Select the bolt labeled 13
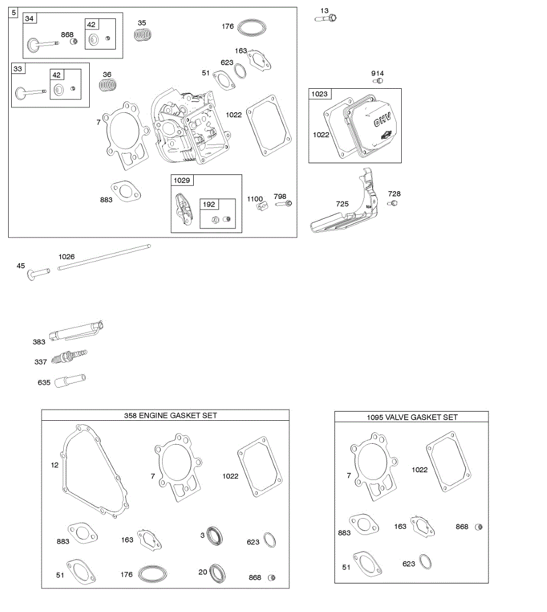(x=326, y=19)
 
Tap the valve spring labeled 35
(x=144, y=35)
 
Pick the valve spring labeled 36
(x=108, y=85)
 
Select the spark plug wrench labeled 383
(x=76, y=330)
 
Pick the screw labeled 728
(x=392, y=203)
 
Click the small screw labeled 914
(x=377, y=81)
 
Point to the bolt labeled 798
(x=284, y=204)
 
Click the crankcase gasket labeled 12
(x=94, y=472)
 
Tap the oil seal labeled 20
(x=218, y=573)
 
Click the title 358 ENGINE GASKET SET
(x=170, y=416)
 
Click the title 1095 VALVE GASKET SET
(x=412, y=417)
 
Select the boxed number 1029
(x=181, y=181)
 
